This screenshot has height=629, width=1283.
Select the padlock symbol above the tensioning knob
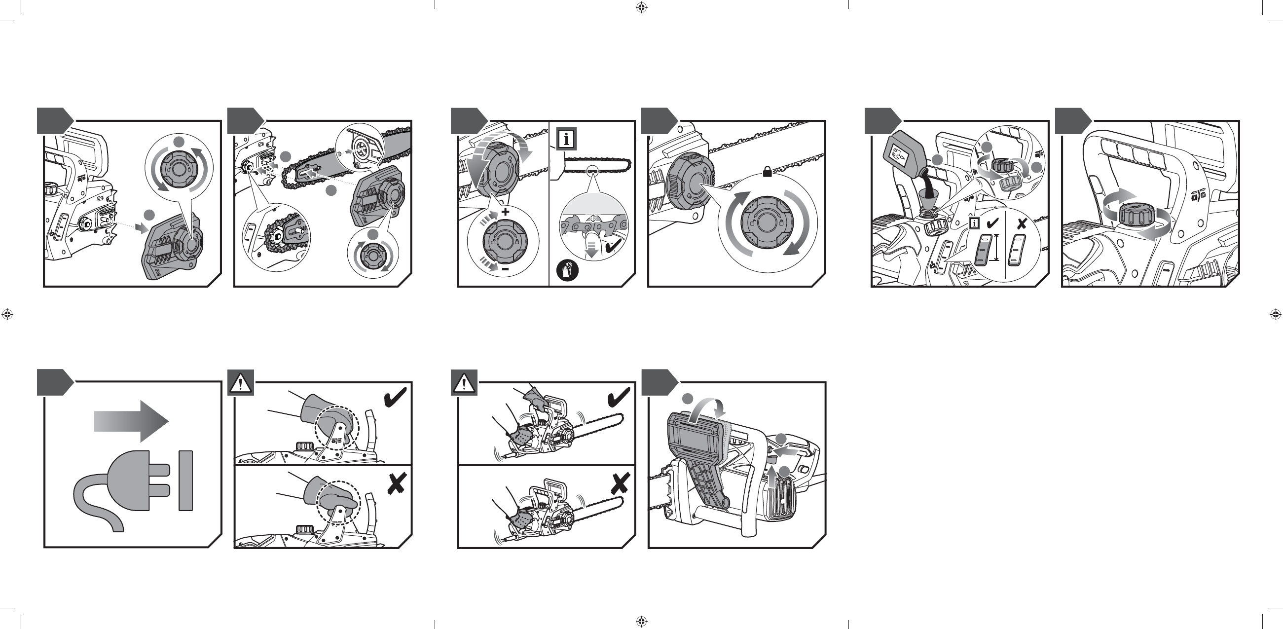click(767, 172)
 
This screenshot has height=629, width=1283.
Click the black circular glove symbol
click(567, 271)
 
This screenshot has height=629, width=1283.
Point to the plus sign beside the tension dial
click(506, 212)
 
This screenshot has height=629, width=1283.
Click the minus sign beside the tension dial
click(505, 269)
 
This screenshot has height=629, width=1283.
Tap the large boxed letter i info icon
click(567, 139)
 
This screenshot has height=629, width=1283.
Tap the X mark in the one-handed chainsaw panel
click(620, 482)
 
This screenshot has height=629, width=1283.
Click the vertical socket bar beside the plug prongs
click(186, 481)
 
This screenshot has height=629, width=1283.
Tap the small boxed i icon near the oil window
click(975, 223)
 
